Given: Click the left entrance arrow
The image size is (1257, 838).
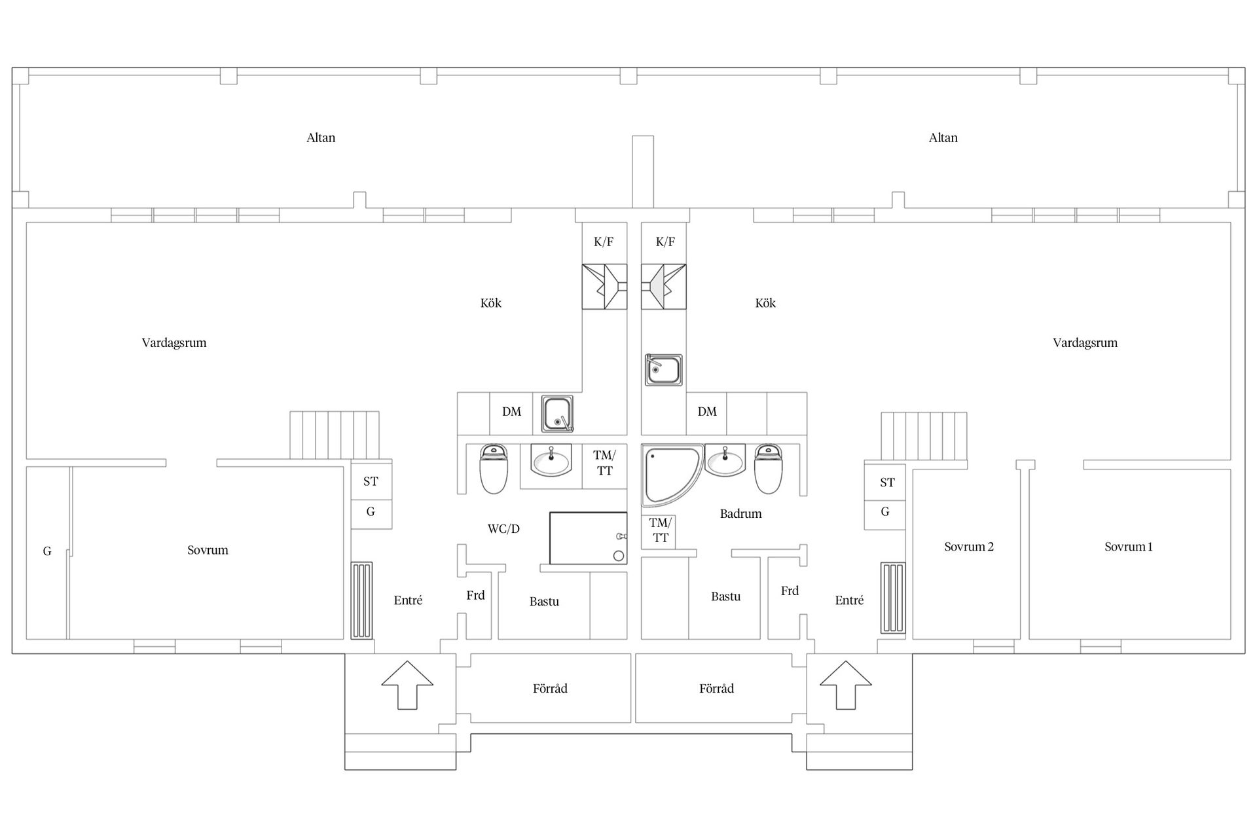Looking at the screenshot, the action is [407, 685].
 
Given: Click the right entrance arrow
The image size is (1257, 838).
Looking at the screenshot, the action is [845, 685].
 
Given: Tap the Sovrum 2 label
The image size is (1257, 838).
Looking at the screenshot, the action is [969, 547].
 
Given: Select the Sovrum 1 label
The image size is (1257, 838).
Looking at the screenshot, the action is [1129, 547].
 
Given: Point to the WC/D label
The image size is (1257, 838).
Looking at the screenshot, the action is [503, 529].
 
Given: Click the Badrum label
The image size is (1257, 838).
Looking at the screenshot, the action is [740, 514].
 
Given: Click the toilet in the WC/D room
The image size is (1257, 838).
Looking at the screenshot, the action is [494, 469].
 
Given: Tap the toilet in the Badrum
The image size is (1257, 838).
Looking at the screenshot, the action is [769, 469].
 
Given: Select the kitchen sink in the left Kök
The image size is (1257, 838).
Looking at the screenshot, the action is [557, 414].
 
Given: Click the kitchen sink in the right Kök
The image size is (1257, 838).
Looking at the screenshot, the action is [664, 371].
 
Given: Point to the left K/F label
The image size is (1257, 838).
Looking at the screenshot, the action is [604, 242].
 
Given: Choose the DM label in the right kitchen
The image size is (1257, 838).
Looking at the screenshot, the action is [707, 412].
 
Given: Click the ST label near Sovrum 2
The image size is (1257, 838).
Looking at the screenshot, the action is [887, 483].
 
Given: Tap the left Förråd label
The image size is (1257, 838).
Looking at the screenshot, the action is [550, 688].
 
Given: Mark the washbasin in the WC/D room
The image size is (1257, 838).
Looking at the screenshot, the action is [551, 462].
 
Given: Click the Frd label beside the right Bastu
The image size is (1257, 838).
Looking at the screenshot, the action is [790, 591].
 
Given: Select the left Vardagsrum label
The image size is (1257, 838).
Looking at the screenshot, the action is [174, 343].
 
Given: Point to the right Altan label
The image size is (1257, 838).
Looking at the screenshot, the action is [943, 137].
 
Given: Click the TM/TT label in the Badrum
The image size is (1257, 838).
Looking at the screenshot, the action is [661, 530].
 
